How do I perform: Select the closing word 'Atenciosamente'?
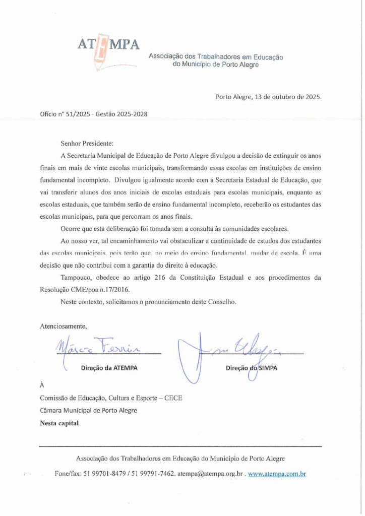(63, 326)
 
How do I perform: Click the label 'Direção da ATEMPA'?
(109, 368)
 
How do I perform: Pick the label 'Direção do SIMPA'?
(252, 368)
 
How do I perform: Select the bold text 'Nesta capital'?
(59, 423)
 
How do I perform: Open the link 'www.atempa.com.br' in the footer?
(277, 474)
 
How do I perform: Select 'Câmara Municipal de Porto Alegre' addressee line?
(88, 410)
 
